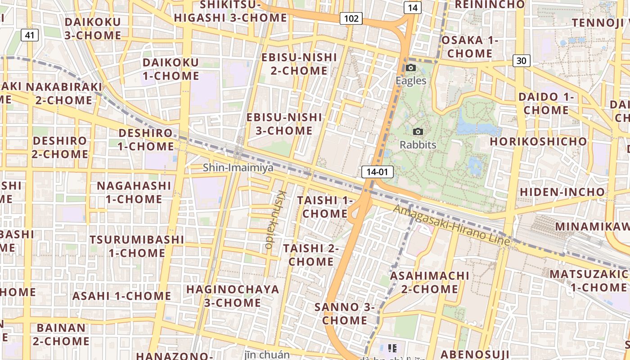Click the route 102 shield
click(x=351, y=18)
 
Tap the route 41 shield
click(x=29, y=35)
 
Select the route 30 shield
click(x=521, y=61)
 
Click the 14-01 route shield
click(x=377, y=172)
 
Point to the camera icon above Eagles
click(x=410, y=68)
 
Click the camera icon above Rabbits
click(x=418, y=132)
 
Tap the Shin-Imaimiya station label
click(x=238, y=168)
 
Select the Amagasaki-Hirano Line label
click(x=452, y=225)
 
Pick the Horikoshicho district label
click(x=539, y=141)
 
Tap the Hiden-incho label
click(x=562, y=192)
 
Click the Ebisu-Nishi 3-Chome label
click(x=284, y=124)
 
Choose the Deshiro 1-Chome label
click(x=146, y=139)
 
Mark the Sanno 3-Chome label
click(x=345, y=314)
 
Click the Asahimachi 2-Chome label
click(x=430, y=282)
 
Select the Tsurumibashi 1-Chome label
click(x=137, y=246)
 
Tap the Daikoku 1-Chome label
click(x=171, y=69)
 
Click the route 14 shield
click(x=412, y=8)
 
